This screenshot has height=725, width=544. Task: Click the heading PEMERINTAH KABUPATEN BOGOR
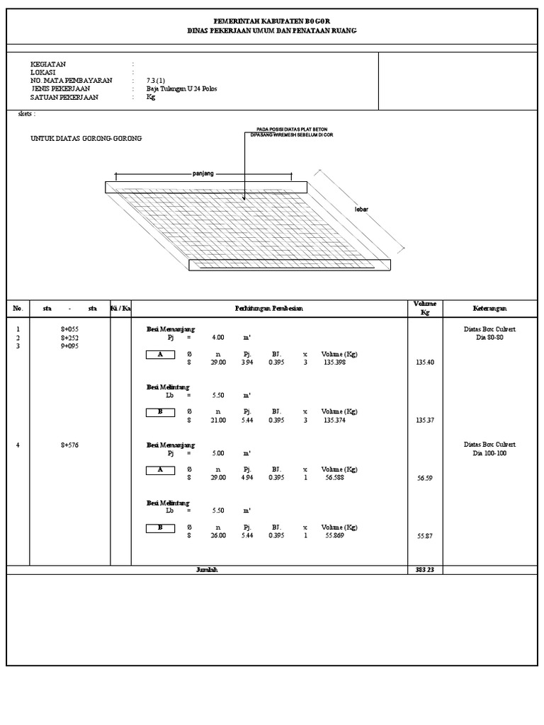[x=272, y=23]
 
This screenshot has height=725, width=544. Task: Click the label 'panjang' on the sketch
[x=203, y=173]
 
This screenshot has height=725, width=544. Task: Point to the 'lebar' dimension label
[x=362, y=210]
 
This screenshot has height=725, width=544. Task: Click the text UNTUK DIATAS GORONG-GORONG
[x=86, y=139]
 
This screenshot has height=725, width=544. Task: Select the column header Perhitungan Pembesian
[x=269, y=309]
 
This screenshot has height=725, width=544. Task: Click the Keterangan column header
[x=489, y=309]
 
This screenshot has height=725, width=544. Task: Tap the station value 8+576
[x=69, y=445]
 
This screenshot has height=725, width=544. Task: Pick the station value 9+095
[x=69, y=346]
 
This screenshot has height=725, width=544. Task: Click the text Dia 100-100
[x=490, y=453]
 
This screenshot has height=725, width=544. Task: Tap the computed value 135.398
[x=334, y=362]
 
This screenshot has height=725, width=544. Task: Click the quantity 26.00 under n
[x=217, y=536]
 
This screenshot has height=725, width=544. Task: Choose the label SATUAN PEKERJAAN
[x=64, y=98]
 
